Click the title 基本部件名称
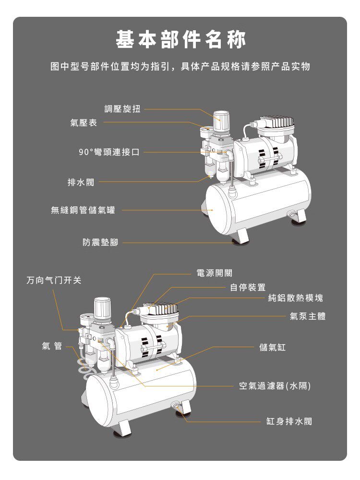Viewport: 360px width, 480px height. click(180, 40)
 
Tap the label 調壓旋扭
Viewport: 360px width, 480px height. click(122, 109)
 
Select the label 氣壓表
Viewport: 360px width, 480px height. click(84, 123)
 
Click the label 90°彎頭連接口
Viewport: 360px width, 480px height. click(109, 152)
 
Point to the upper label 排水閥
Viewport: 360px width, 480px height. click(81, 182)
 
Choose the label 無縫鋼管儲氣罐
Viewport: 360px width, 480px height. click(83, 210)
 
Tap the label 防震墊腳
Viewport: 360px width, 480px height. click(100, 243)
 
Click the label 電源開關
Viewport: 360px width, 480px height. click(215, 273)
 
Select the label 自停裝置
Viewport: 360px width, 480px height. click(248, 288)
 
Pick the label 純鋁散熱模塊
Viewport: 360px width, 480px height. click(296, 298)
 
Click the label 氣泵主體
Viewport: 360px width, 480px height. click(308, 316)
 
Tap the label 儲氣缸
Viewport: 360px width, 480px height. click(272, 347)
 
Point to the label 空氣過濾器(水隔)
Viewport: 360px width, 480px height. click(275, 385)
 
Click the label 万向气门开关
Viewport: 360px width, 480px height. click(54, 280)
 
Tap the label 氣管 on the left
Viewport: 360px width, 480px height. click(52, 346)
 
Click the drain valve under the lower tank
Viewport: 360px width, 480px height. click(177, 407)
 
